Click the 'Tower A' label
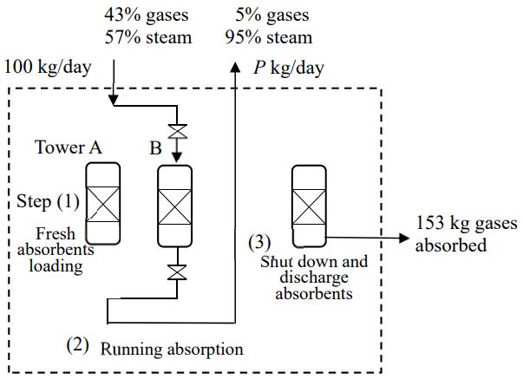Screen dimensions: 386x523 (x=68, y=147)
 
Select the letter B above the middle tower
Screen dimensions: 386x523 (x=155, y=147)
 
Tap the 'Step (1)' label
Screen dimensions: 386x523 (x=49, y=202)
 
